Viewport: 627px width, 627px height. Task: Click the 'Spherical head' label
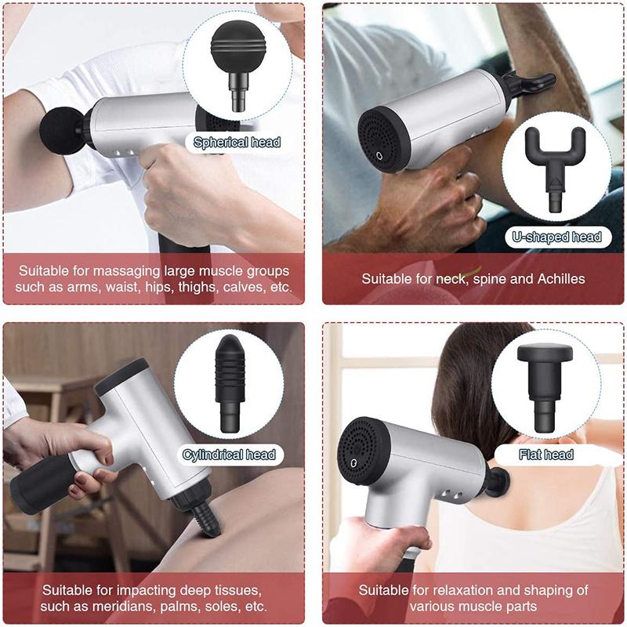pos(237,142)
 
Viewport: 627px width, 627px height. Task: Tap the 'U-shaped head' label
pos(556,237)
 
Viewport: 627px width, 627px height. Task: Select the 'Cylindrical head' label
pos(229,455)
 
